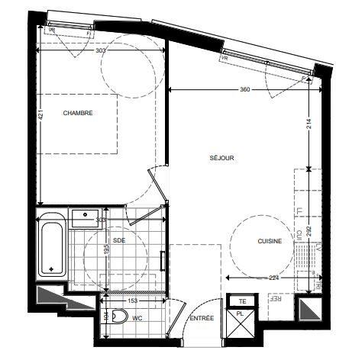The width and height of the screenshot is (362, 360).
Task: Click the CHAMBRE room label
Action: click(x=78, y=113)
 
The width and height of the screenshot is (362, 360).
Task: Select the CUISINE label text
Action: click(x=270, y=241)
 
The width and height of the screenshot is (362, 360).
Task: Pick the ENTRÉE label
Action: click(x=202, y=318)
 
